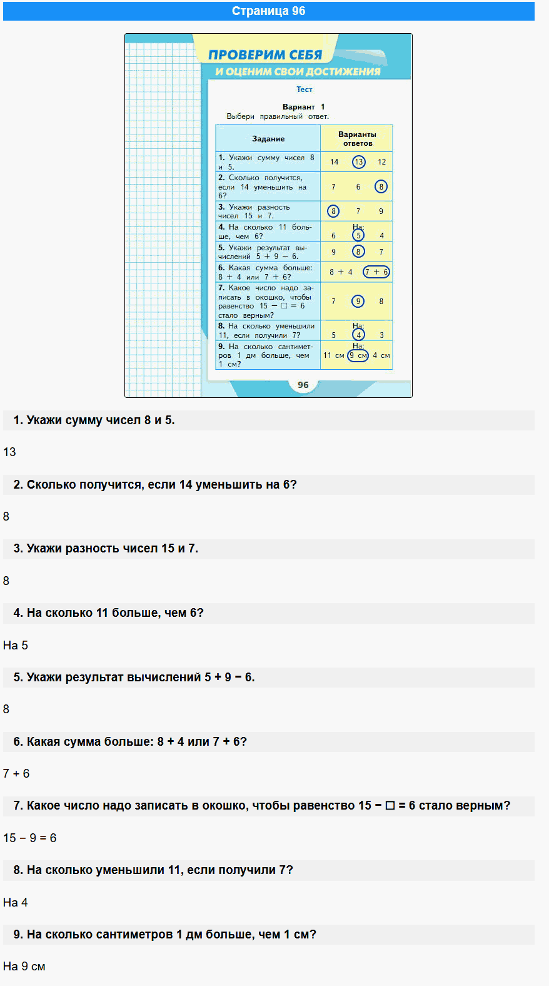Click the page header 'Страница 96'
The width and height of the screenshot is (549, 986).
[268, 11]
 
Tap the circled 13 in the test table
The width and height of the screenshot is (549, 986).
[358, 162]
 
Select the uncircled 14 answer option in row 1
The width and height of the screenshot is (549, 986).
[334, 162]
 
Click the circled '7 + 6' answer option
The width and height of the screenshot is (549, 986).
[376, 272]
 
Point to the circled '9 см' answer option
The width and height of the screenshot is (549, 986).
[358, 355]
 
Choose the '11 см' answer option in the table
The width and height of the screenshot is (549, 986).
[333, 355]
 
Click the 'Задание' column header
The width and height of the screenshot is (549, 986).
[268, 139]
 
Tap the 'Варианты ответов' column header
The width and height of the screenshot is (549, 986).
[357, 139]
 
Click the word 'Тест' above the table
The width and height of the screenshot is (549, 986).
[304, 89]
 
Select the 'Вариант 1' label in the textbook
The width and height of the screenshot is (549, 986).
[303, 107]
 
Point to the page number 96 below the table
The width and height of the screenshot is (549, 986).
[303, 385]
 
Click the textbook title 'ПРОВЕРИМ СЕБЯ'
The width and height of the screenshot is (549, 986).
[265, 55]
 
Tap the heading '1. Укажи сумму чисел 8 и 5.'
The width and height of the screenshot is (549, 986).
[94, 420]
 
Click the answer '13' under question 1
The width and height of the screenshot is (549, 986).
[9, 452]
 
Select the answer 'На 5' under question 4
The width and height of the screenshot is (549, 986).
[16, 645]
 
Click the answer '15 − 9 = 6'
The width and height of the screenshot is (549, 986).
[29, 838]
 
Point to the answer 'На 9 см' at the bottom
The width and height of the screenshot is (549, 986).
[24, 967]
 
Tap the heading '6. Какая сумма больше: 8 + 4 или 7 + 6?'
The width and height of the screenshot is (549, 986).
[130, 742]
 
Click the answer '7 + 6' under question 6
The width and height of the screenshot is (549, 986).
[16, 773]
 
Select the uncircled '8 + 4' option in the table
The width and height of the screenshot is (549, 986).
[341, 272]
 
